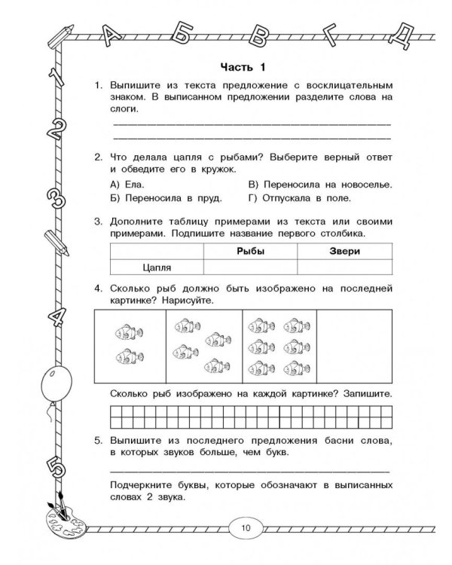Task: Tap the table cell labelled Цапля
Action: pyautogui.click(x=157, y=267)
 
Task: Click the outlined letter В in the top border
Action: pyautogui.click(x=261, y=33)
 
